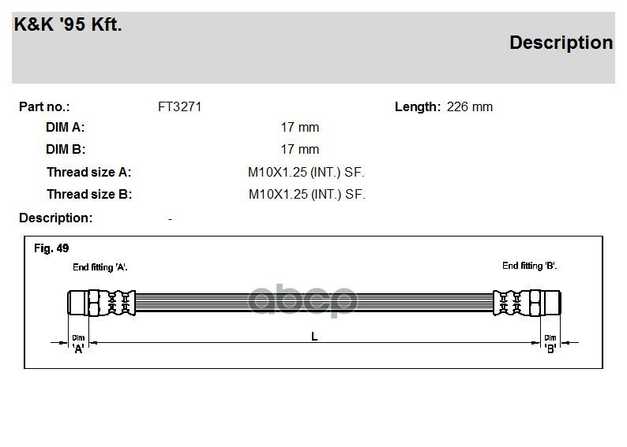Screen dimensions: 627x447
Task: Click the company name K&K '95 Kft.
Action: point(68,24)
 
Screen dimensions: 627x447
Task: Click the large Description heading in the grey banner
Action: point(561,43)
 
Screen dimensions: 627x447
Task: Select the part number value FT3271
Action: point(179,107)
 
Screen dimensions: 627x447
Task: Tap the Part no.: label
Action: point(44,107)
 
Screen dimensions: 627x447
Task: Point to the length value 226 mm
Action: point(469,107)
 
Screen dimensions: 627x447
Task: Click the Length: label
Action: point(418,107)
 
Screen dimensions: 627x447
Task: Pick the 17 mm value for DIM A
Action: point(299,127)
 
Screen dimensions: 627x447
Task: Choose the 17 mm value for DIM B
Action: point(299,149)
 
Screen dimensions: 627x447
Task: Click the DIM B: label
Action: point(66,149)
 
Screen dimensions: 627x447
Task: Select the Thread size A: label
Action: point(88,172)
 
